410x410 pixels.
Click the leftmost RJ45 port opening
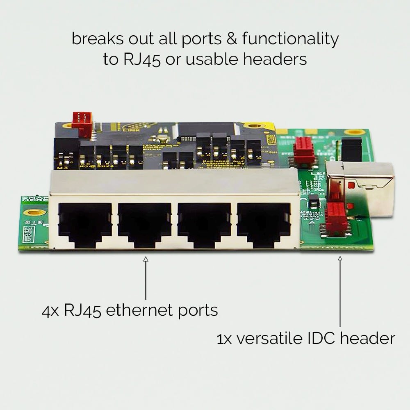coord(85,223)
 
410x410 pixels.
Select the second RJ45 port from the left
coord(144,223)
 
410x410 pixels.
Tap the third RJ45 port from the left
coord(204,223)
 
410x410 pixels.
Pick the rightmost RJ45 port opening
coord(263,223)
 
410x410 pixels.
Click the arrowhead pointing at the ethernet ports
coord(146,259)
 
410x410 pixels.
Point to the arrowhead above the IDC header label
coord(340,259)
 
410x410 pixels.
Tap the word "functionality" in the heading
coord(290,39)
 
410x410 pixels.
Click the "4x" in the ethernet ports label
coord(51,310)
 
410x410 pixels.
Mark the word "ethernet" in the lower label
coord(136,310)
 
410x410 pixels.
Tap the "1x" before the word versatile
coord(225,339)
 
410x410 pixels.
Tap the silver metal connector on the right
coord(361,187)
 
